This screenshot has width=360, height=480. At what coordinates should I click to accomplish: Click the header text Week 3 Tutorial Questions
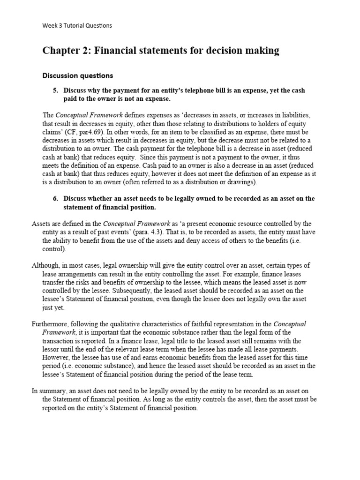pos(77,25)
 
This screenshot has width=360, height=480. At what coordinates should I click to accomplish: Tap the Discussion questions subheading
pos(78,75)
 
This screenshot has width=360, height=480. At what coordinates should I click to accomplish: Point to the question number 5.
pos(56,90)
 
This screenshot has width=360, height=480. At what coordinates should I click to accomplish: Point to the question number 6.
pos(56,198)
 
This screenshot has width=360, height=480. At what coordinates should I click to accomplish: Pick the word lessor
pos(52,350)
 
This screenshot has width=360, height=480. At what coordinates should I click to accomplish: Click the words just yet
pos(54,308)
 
